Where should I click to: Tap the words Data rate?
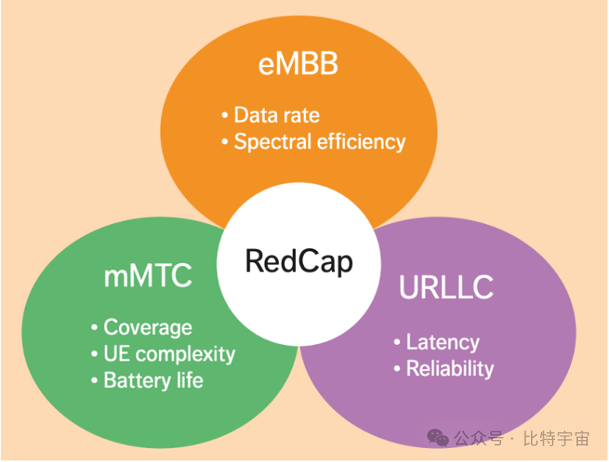coord(276,115)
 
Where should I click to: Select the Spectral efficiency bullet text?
coord(319,142)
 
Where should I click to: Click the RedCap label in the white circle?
coord(299,261)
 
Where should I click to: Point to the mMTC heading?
coord(148,276)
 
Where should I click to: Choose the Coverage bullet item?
coord(148,327)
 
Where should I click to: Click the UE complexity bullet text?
coord(169,354)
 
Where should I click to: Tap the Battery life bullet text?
coord(153,380)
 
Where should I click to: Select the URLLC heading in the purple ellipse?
coord(446,287)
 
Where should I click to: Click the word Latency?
coord(443,342)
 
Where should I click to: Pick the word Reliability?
coord(450,368)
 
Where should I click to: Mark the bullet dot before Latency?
coord(397,343)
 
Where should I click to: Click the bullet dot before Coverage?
coord(94,328)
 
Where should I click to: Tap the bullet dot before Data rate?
coord(225,116)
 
